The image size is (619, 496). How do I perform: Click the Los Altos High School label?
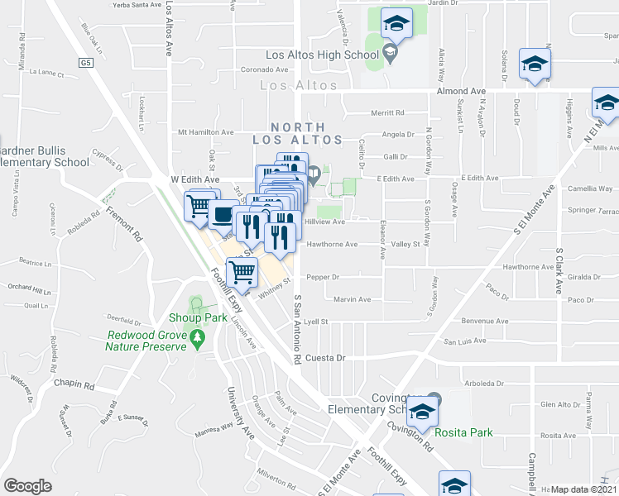[321, 55]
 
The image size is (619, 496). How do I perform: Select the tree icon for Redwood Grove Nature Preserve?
[197, 337]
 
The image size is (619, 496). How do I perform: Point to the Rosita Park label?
[470, 432]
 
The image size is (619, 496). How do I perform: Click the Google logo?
[27, 486]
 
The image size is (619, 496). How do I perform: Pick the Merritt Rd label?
[387, 113]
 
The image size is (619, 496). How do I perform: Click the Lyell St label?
[316, 322]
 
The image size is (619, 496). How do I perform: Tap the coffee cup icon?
[221, 213]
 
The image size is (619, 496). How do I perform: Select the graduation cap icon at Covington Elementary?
[423, 411]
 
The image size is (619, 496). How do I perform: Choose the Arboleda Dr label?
[484, 384]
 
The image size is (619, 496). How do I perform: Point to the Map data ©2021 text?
[583, 489]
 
